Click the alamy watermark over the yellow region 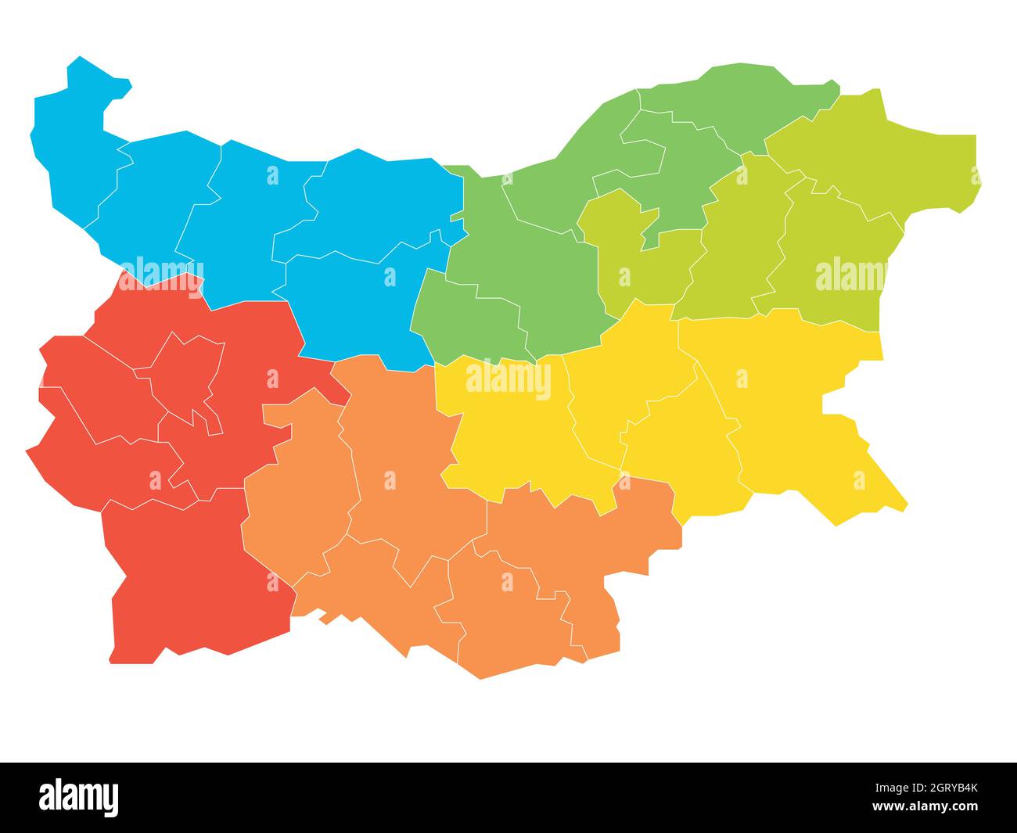point(508,379)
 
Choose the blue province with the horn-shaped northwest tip point(78,156)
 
